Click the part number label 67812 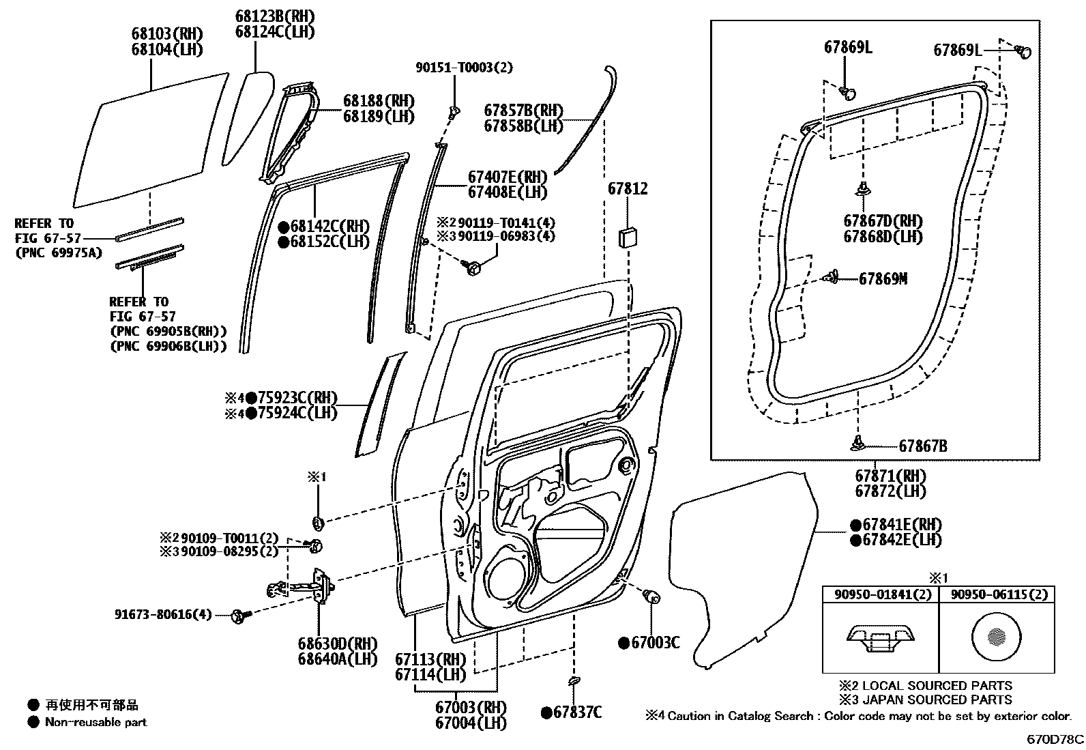pos(628,189)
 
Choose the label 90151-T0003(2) pos(464,68)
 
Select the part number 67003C pos(655,642)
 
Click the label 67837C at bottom pos(577,712)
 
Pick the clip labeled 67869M pos(832,276)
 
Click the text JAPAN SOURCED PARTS pos(937,699)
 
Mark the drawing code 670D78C pos(1056,739)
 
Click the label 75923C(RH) pos(297,399)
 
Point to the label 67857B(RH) pos(523,111)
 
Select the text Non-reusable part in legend pos(96,722)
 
